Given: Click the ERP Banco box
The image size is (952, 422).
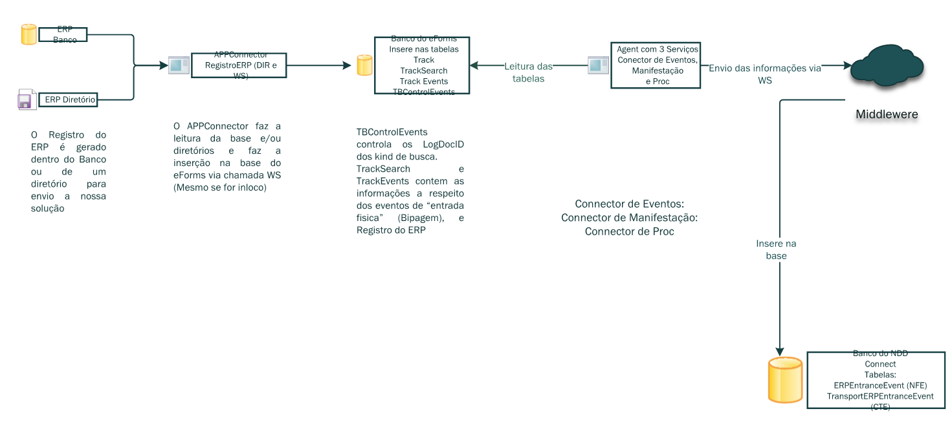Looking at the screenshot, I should coord(63,35).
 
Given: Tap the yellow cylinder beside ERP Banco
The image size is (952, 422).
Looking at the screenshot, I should coord(28,34).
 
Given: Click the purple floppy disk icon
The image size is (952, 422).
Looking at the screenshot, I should coord(25,100).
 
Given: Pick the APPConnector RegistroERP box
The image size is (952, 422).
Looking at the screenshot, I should coord(239,65).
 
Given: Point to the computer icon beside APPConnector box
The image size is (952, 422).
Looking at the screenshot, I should coord(178,65).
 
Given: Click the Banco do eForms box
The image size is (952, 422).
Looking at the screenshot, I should coord(422,65).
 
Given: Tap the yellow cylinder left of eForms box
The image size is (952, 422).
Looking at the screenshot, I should coord(364,65).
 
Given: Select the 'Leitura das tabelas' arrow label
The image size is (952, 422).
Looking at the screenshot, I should coord(528,72).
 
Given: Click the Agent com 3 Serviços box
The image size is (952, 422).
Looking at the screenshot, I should coord(657,65).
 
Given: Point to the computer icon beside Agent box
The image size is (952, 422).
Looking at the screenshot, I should coord(597,65).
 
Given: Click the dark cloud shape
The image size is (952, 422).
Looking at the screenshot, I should coord(886,65).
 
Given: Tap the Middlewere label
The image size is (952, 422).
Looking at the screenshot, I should coord(887,114).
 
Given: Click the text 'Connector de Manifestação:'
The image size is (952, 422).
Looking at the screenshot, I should coord(629,218).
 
